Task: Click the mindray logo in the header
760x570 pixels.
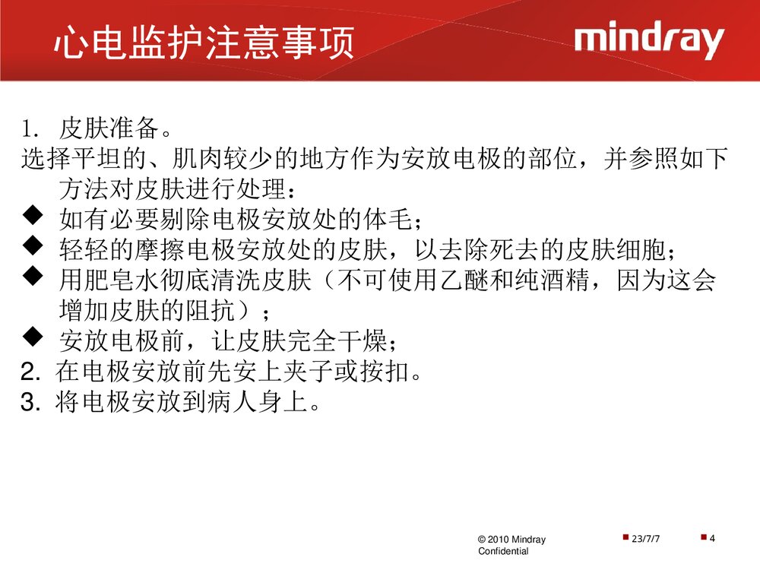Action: pyautogui.click(x=648, y=42)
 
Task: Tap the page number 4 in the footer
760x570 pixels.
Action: pyautogui.click(x=712, y=539)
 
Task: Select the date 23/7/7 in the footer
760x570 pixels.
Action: pyautogui.click(x=646, y=539)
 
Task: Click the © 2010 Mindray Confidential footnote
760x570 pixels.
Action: pyautogui.click(x=511, y=545)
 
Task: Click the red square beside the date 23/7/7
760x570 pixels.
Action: pyautogui.click(x=625, y=537)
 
